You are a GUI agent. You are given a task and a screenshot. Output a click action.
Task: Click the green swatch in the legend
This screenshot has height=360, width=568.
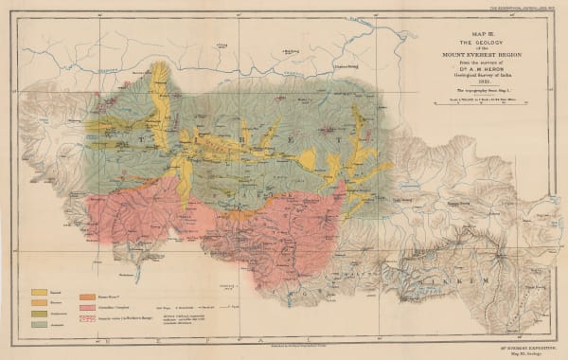coord(41,324)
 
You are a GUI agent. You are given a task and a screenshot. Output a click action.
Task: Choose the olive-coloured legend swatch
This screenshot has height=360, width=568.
coord(41,314)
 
